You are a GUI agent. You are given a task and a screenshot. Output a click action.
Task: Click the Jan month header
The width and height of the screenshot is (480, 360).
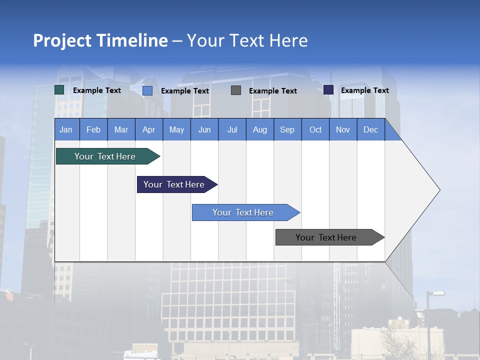[x=66, y=129]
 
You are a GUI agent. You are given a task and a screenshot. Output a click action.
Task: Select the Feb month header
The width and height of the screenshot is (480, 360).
[x=93, y=129]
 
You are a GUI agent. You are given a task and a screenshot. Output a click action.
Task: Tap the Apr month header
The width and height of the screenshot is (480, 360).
[x=149, y=129]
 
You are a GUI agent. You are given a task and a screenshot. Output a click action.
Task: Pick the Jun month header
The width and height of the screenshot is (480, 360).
[x=204, y=129]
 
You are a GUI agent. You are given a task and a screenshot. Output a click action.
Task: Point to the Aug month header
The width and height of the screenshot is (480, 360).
[x=260, y=129]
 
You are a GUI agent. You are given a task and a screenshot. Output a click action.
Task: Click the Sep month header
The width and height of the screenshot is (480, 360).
[x=287, y=129]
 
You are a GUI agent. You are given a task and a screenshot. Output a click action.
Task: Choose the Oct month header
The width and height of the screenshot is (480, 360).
[x=315, y=129]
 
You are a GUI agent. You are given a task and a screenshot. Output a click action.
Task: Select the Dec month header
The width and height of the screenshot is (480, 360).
[x=371, y=129]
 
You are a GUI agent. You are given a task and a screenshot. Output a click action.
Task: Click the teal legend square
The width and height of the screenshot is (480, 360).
[x=59, y=90]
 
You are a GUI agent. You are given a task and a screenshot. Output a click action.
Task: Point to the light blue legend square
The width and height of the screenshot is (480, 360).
[x=147, y=90]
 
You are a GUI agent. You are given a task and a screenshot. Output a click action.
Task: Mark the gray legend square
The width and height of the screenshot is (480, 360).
[x=236, y=90]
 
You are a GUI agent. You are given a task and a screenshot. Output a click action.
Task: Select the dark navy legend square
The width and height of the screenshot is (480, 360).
[x=328, y=90]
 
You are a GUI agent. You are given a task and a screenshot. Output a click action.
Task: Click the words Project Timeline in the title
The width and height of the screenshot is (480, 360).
[x=100, y=40]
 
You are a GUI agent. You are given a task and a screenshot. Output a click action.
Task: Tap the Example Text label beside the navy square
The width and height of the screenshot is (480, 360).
[x=364, y=90]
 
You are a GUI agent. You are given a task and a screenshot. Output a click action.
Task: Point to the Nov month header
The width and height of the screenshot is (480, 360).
[x=343, y=129]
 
